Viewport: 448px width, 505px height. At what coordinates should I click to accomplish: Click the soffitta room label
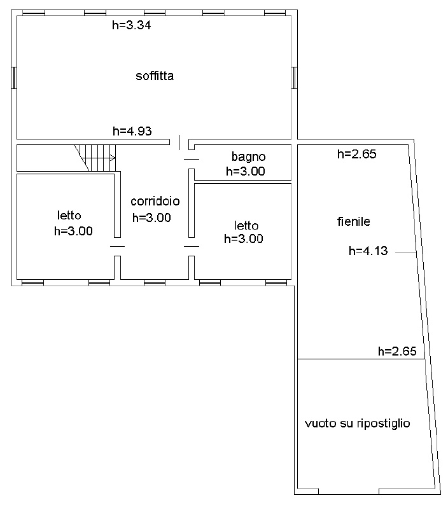[x=155, y=76]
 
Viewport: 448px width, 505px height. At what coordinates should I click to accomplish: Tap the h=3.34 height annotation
[x=132, y=25]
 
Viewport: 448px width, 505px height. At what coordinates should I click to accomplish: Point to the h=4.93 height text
[x=132, y=131]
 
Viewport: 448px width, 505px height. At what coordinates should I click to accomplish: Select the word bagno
[x=248, y=157]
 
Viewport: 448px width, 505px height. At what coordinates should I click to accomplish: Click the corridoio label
[x=155, y=201]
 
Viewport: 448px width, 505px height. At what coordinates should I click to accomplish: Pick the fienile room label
[x=354, y=221]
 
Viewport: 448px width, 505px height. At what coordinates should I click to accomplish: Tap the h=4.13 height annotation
[x=368, y=251]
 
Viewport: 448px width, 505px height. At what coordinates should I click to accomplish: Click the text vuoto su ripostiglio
[x=358, y=423]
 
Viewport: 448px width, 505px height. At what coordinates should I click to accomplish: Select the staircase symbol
[x=95, y=158]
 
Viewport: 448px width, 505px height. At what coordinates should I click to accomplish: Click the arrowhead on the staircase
[x=113, y=158]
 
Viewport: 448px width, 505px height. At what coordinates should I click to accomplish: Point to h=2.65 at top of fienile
[x=357, y=154]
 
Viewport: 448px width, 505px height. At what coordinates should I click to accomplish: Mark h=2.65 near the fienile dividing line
[x=397, y=350]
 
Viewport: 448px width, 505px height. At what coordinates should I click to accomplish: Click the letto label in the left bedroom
[x=69, y=215]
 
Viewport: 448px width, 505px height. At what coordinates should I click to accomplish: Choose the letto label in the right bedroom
[x=246, y=225]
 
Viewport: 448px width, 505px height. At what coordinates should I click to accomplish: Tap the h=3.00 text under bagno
[x=246, y=171]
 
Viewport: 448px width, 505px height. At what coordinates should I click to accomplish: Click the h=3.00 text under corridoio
[x=151, y=218]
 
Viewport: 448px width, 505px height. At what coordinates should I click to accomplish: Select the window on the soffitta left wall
[x=14, y=78]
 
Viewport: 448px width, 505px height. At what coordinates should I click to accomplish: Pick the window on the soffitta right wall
[x=294, y=78]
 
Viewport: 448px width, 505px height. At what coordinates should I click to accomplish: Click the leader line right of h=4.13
[x=405, y=252]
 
